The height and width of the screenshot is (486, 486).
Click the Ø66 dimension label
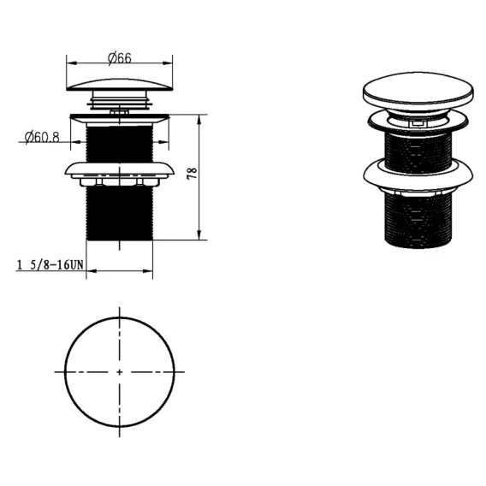120,58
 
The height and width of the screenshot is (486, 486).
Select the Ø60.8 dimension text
42,137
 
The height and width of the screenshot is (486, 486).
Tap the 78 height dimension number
193,173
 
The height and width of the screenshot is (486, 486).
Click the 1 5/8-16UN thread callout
50,265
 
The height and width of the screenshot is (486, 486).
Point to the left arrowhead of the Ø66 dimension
72,63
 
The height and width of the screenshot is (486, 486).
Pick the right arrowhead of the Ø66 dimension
168,63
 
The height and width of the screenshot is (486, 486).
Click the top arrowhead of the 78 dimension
199,120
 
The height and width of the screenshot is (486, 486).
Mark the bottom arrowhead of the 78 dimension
199,235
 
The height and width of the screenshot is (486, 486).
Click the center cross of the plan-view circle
120,372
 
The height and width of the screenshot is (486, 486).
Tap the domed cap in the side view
120,85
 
